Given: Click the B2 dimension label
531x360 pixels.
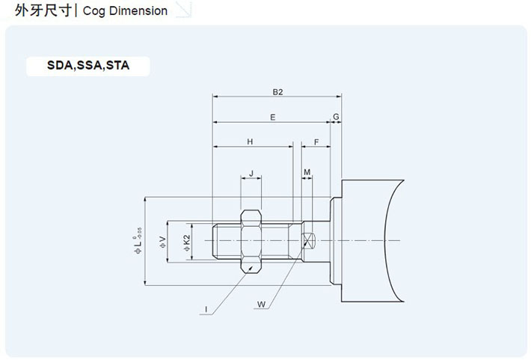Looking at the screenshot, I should point(277,92).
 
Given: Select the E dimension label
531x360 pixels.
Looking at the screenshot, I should point(272,118).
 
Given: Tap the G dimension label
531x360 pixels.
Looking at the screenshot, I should point(336,118).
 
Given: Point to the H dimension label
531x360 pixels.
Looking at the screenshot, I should point(251,141).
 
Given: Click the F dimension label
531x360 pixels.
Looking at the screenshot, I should point(316,141).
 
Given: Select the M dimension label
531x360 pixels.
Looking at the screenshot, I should point(307,173).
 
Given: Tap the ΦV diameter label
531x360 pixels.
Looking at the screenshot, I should point(162,241).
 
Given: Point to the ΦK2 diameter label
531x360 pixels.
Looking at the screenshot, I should point(186,241).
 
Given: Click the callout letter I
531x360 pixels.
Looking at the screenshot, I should point(205,308).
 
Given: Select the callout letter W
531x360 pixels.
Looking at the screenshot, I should point(261,304).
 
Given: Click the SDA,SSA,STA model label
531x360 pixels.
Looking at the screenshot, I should point(88,65).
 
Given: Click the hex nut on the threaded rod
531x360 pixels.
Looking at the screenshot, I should point(251,240).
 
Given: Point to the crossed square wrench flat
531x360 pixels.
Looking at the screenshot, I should point(309,240).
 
